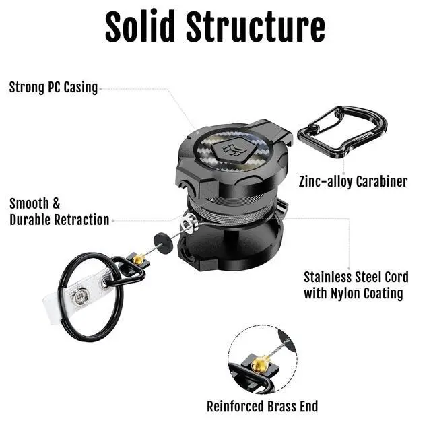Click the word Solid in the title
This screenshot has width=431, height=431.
coord(139,27)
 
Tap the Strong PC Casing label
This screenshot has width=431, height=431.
coord(53,88)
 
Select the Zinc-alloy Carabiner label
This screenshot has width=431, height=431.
coord(354,181)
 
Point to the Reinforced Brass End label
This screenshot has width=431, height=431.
coord(263,406)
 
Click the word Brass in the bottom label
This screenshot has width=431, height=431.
coord(277,406)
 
